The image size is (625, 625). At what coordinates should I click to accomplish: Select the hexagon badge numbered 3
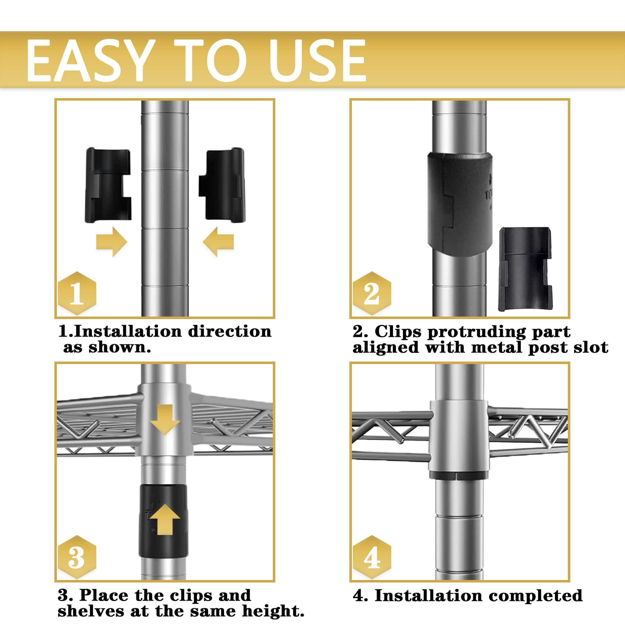77,557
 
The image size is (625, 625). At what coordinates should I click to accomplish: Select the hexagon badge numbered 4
372,557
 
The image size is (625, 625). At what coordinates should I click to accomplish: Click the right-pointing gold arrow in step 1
112,242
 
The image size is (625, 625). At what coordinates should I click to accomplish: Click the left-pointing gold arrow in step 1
218,242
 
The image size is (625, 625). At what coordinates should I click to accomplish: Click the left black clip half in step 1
108,185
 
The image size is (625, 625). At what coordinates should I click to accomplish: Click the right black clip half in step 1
222,185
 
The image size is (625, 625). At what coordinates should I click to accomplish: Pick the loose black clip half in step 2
525,269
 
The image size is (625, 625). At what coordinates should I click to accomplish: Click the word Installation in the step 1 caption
129,332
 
